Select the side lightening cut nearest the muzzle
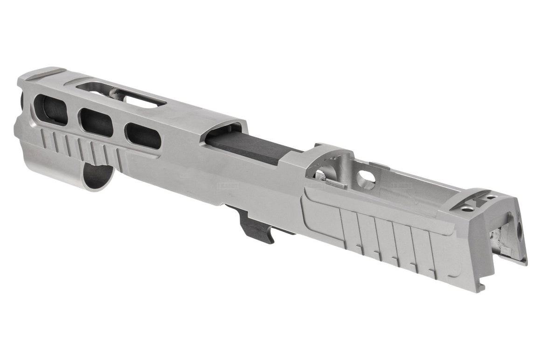point(51,110)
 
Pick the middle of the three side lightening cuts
point(96,122)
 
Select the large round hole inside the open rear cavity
point(367,179)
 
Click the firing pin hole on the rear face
point(519,228)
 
